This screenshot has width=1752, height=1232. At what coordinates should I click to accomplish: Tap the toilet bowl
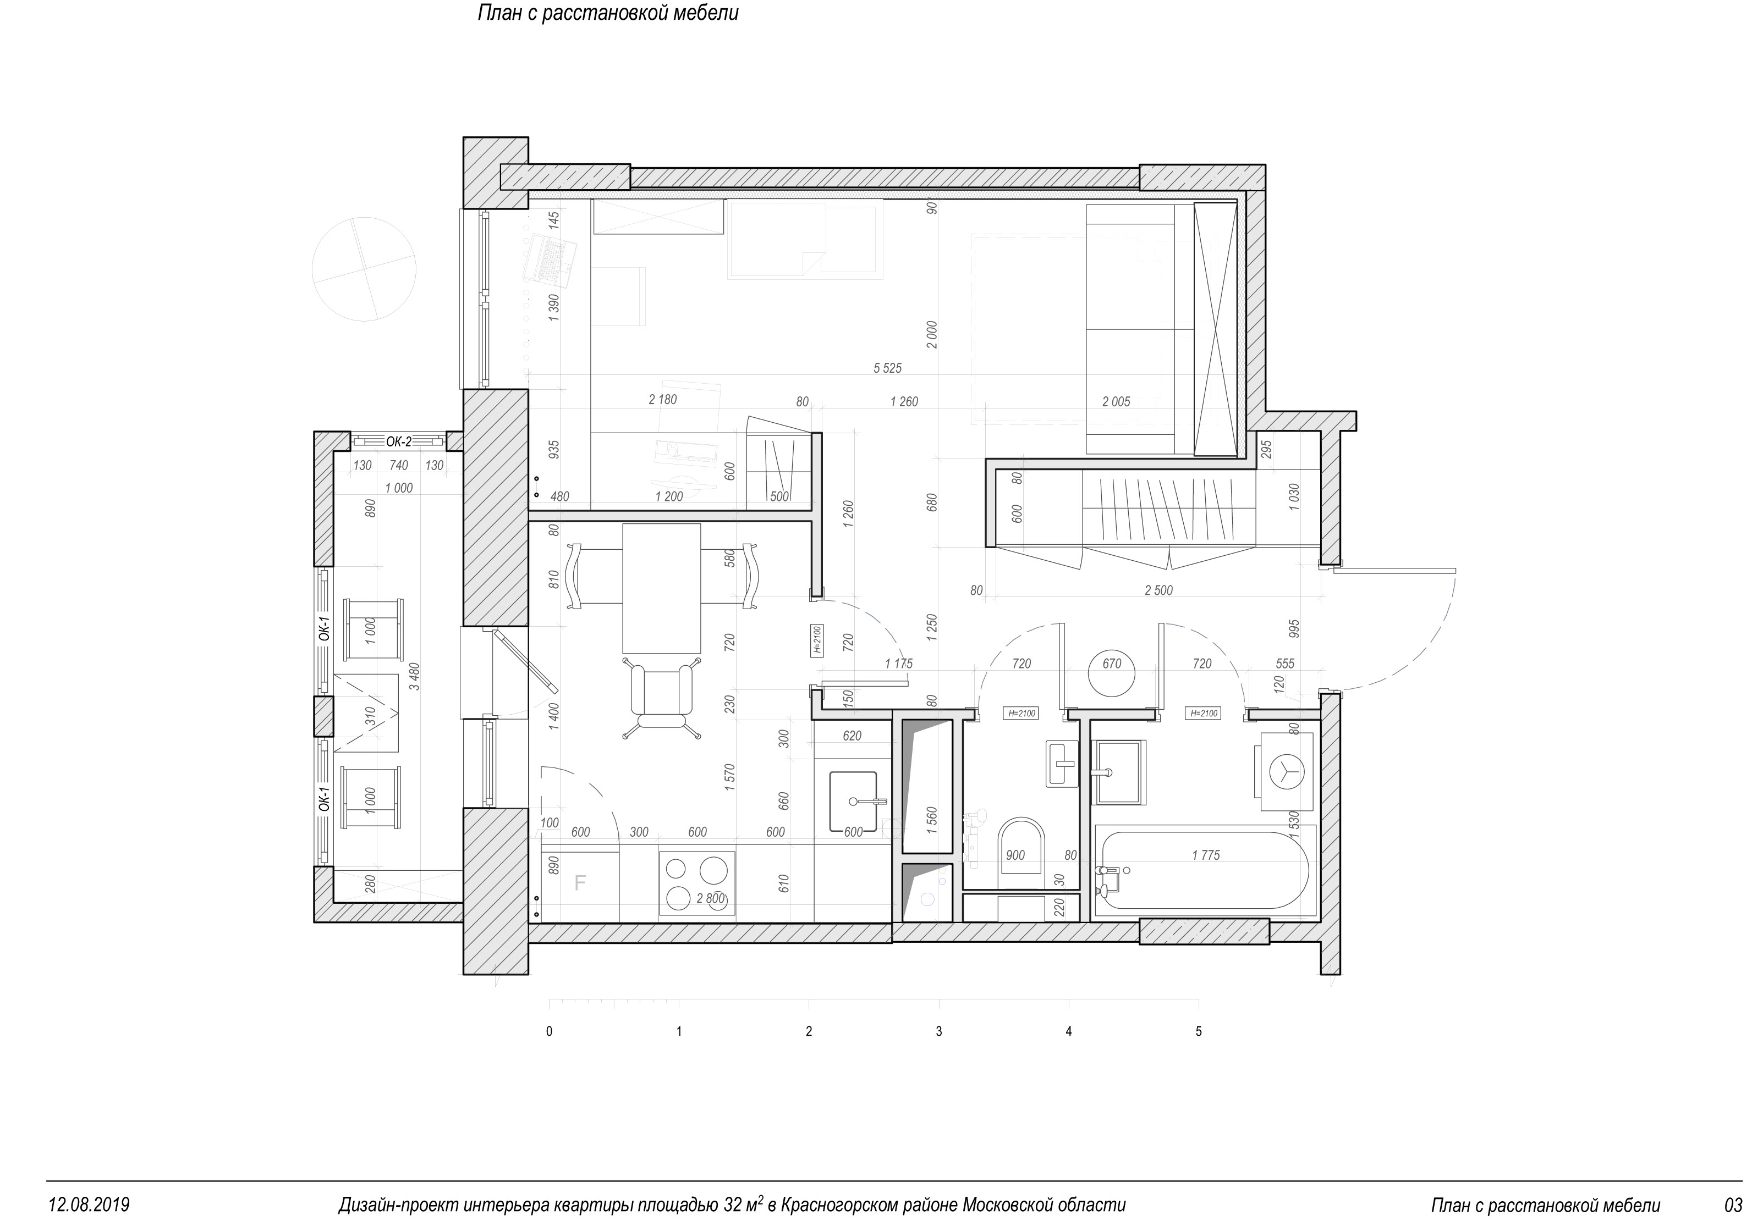pyautogui.click(x=1020, y=853)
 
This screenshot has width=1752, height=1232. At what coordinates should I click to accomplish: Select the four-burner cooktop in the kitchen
pyautogui.click(x=697, y=884)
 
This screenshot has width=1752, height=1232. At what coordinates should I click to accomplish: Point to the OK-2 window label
pyautogui.click(x=398, y=441)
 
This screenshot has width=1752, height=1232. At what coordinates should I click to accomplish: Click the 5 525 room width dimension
pyautogui.click(x=887, y=368)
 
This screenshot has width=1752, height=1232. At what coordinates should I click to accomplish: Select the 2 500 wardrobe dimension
pyautogui.click(x=1158, y=590)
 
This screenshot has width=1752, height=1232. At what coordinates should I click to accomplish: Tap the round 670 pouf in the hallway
pyautogui.click(x=1112, y=672)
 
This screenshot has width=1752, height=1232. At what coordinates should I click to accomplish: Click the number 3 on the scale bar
pyautogui.click(x=938, y=1031)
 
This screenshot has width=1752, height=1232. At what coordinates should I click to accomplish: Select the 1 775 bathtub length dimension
pyautogui.click(x=1206, y=855)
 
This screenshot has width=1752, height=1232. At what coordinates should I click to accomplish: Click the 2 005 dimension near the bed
pyautogui.click(x=1116, y=402)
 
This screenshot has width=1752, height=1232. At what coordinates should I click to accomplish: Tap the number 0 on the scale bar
pyautogui.click(x=550, y=1031)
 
